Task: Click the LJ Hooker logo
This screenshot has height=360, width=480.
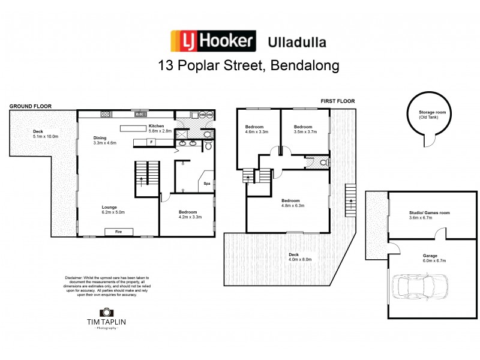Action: point(213,41)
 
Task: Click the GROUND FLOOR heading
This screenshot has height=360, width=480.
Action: point(30,106)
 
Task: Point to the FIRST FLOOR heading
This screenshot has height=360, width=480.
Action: point(338,101)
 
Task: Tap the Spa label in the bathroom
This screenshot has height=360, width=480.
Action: point(207,184)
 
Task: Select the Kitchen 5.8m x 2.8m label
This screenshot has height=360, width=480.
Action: point(160,128)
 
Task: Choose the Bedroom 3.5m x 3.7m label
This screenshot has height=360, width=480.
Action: point(303,129)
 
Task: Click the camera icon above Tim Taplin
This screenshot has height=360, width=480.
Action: point(106,313)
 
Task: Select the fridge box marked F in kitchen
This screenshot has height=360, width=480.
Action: point(151,142)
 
